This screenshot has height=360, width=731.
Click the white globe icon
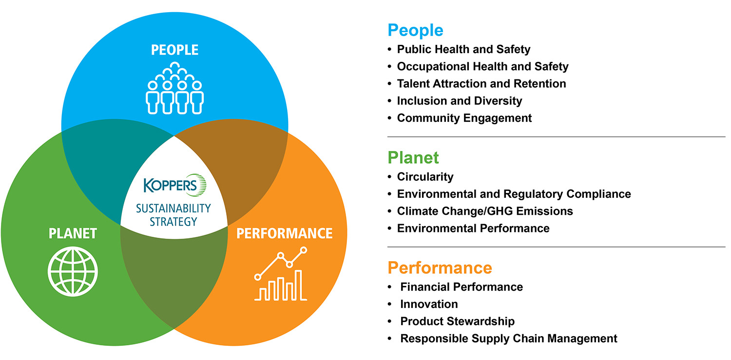(x=73, y=271)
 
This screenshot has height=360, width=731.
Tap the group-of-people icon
(x=174, y=88)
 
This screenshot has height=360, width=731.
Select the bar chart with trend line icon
(x=281, y=274)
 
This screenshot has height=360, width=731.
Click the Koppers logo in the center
(x=175, y=185)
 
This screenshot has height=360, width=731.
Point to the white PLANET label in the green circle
(x=73, y=233)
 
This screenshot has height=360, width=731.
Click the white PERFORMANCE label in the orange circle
(x=285, y=233)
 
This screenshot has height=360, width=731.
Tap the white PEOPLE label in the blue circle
(x=174, y=50)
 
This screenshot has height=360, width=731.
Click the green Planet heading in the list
(x=413, y=158)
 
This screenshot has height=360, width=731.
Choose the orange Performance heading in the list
(x=440, y=268)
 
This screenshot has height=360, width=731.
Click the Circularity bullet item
(x=425, y=177)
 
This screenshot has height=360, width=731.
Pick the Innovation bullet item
(x=429, y=304)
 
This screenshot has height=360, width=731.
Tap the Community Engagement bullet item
(x=464, y=118)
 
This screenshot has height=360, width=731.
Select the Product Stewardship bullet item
(x=458, y=322)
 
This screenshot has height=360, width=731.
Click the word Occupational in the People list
(x=433, y=67)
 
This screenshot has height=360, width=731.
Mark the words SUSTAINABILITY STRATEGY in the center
(x=173, y=215)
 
